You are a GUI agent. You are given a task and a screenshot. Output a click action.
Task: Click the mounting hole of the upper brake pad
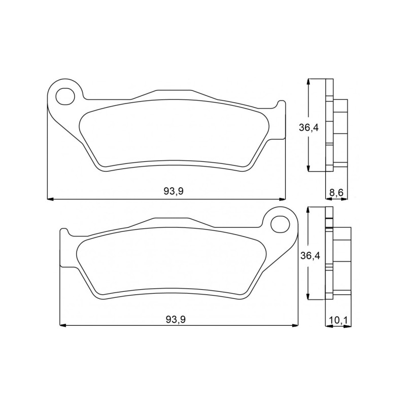pyautogui.click(x=65, y=96)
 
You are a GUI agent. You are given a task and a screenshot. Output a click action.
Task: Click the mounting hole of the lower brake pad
pyautogui.click(x=280, y=224)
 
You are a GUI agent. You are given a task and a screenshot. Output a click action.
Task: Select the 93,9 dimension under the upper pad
pyautogui.click(x=174, y=191)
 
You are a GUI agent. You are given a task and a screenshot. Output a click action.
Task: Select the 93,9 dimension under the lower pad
pyautogui.click(x=176, y=320)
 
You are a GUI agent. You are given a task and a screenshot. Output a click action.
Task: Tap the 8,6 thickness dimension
pyautogui.click(x=336, y=192)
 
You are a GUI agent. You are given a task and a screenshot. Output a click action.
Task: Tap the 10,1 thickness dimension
pyautogui.click(x=338, y=320)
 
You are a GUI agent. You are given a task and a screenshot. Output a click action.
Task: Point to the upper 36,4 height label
pyautogui.click(x=309, y=128)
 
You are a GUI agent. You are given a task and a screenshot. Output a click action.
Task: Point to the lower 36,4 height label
pyautogui.click(x=310, y=256)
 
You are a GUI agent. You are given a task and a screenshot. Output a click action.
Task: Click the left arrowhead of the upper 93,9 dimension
pyautogui.click(x=50, y=199)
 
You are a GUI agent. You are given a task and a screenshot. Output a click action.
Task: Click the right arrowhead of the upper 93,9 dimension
pyautogui.click(x=282, y=199)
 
